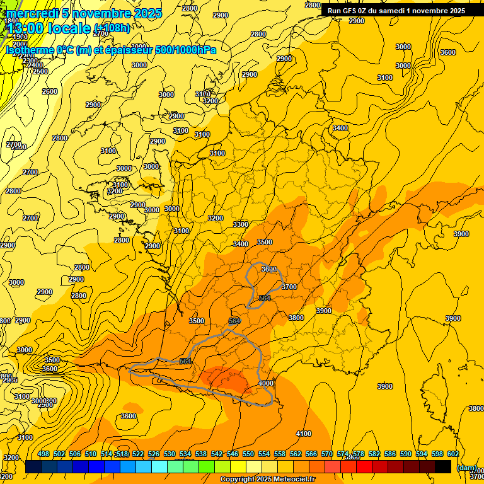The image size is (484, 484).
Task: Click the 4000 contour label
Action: (266, 383)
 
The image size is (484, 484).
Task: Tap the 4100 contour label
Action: (304, 434)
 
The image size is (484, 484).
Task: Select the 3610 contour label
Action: (269, 269)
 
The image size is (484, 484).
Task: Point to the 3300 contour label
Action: (240, 224)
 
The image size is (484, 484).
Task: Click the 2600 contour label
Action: (49, 91)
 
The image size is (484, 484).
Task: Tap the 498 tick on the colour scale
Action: (43, 454)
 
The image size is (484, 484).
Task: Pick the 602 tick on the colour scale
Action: (453, 454)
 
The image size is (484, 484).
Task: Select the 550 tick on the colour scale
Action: (248, 454)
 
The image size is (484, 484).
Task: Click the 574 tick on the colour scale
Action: (343, 454)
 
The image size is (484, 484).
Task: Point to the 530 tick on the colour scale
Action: (170, 454)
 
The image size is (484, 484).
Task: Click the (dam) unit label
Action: (466, 467)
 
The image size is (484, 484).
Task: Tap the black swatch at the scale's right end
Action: (443, 466)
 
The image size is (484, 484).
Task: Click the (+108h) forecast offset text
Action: (113, 28)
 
